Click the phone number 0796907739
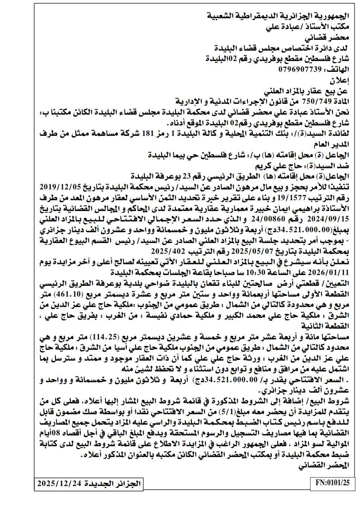300,70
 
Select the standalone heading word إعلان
340,80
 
